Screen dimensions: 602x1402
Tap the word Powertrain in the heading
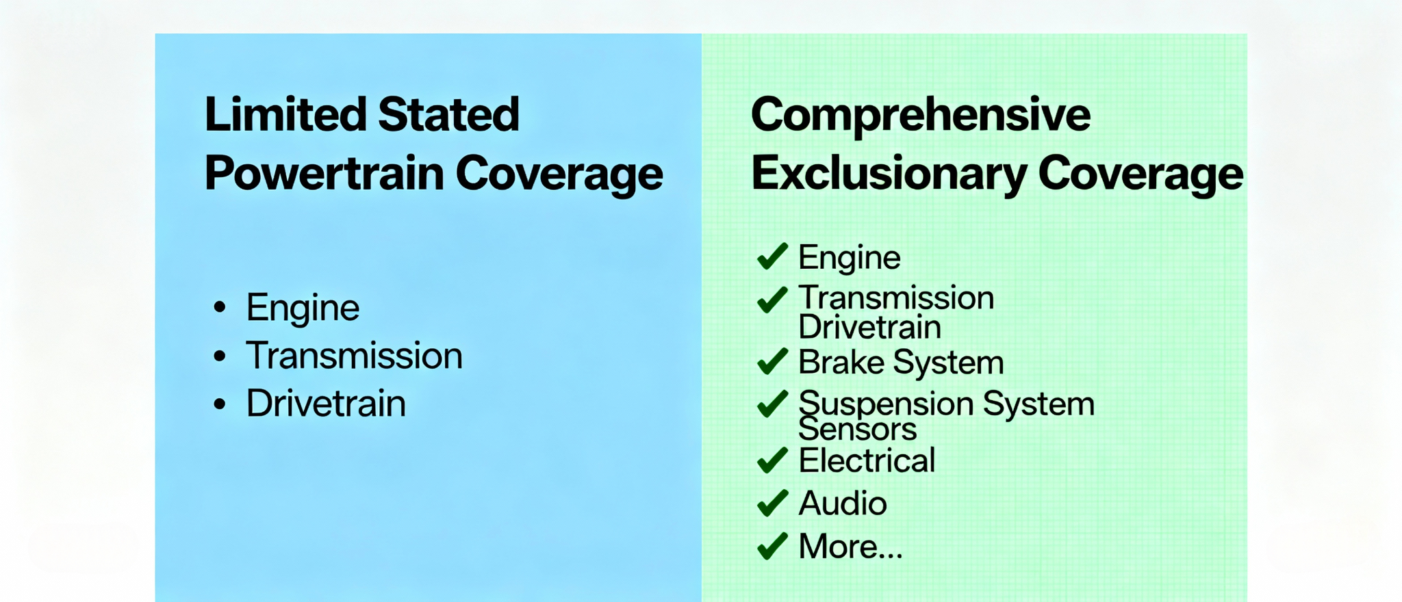[x=324, y=174]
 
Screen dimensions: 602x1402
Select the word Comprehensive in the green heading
[x=920, y=114]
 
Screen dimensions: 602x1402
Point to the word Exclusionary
[x=889, y=174]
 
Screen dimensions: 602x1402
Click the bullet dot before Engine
[x=220, y=307]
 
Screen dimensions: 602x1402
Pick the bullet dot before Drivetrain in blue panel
[x=220, y=404]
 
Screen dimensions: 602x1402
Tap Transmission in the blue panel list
[x=354, y=356]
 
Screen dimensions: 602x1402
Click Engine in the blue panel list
[x=303, y=307]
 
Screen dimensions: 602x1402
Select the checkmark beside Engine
[x=772, y=257]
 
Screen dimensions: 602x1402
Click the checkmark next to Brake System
[x=772, y=362]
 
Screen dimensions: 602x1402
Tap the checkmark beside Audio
[x=772, y=503]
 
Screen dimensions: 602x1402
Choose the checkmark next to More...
[x=772, y=547]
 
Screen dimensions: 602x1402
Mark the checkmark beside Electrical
[x=772, y=460]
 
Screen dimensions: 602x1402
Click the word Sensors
[x=857, y=430]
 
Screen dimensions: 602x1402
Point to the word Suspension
[x=886, y=404]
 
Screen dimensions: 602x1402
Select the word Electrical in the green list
[x=867, y=460]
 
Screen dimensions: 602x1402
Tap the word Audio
[x=843, y=503]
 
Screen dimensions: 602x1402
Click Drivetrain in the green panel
[x=869, y=327]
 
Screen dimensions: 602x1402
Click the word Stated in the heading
[x=448, y=114]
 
